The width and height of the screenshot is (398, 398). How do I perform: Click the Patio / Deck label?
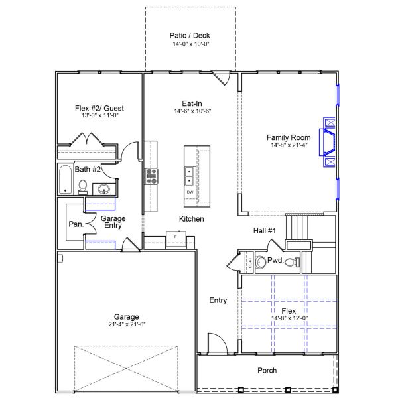pyautogui.click(x=190, y=36)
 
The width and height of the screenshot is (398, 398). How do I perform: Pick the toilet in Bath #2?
pyautogui.click(x=82, y=188)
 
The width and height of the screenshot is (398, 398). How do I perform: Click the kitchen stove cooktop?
pyautogui.click(x=152, y=176)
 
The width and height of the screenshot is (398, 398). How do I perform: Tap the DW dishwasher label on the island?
pyautogui.click(x=190, y=192)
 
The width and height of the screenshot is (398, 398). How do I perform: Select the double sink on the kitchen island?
pyautogui.click(x=190, y=175)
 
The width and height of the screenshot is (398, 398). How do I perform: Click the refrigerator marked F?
pyautogui.click(x=175, y=237)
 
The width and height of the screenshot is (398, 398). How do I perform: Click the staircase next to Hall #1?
pyautogui.click(x=298, y=230)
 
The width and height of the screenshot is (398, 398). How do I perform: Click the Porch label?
pyautogui.click(x=267, y=371)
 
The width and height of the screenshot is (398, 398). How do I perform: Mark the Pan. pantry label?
pyautogui.click(x=75, y=224)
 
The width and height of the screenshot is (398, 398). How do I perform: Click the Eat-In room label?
pyautogui.click(x=192, y=103)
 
